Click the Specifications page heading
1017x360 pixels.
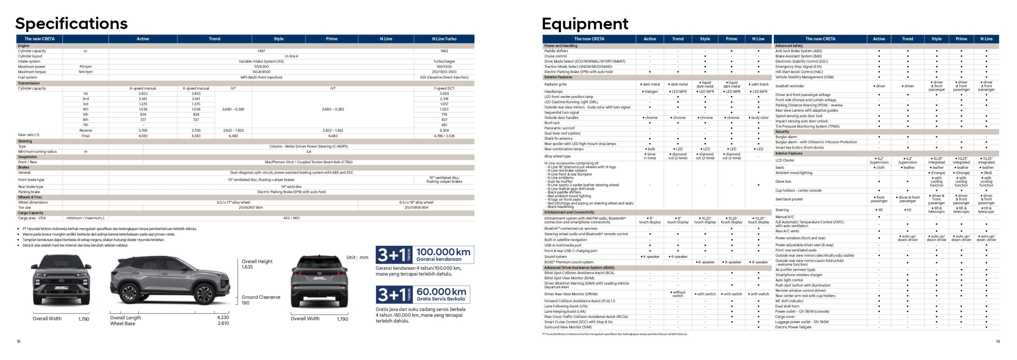pos(72,23)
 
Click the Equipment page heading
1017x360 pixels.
pos(585,24)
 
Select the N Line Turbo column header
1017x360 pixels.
pos(444,39)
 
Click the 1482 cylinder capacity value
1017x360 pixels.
pos(444,51)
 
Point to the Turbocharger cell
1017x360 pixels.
pos(444,62)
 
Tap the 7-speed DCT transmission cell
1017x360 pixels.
pos(444,89)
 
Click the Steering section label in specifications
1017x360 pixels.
pos(25,141)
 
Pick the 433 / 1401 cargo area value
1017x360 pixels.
pos(291,218)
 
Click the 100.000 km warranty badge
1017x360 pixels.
pos(425,255)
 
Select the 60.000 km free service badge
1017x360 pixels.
pos(423,294)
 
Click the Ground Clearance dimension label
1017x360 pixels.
pos(261,297)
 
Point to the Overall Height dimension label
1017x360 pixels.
pos(257,261)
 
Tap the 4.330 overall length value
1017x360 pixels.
pos(223,317)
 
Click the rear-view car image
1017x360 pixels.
pos(319,281)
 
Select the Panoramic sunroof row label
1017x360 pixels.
pos(559,128)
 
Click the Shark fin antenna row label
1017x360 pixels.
pos(558,139)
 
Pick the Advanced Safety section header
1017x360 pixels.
pos(789,46)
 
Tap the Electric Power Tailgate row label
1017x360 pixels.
pos(793,327)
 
